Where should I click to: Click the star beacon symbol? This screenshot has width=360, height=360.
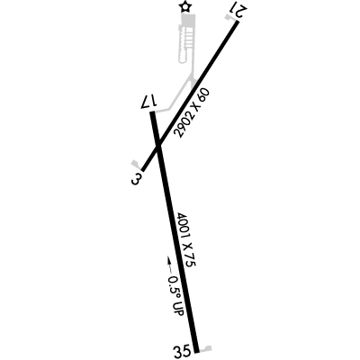coord(185,7)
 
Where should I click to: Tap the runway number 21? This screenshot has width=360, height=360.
coord(238,12)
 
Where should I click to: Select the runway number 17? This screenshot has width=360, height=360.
coord(149,102)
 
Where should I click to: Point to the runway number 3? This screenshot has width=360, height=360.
coord(136,179)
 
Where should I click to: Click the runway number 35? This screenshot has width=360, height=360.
coord(182,351)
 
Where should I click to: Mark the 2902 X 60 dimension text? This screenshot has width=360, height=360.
coord(192,113)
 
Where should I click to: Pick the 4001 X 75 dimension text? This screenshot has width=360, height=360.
coord(186,239)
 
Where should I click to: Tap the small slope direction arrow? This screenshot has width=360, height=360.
coord(169,264)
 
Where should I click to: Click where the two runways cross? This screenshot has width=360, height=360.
coord(158,147)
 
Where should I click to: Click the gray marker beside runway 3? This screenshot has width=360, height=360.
coord(136,164)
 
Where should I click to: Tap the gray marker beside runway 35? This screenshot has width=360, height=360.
coord(206,349)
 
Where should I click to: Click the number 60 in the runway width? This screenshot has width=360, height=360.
coord(204,94)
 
